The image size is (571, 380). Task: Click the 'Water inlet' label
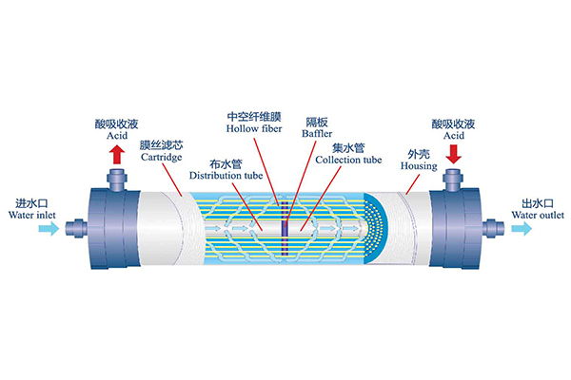click(x=32, y=215)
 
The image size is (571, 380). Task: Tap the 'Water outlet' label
click(x=538, y=215)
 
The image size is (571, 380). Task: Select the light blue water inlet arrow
click(x=49, y=228)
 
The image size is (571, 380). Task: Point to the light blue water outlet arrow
click(x=522, y=228)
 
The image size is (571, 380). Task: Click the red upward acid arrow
click(x=117, y=154)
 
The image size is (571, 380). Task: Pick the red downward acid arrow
click(x=453, y=154)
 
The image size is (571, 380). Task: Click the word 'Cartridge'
click(x=162, y=158)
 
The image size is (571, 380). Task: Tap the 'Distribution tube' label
click(x=226, y=176)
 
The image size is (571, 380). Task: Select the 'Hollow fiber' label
click(x=254, y=129)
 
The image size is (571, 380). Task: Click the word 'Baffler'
click(x=317, y=133)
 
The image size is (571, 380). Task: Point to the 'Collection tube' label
click(x=348, y=160)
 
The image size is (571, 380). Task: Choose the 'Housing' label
click(x=419, y=166)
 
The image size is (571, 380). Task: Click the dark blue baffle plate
click(x=285, y=229)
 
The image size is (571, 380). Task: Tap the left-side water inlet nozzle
click(x=76, y=228)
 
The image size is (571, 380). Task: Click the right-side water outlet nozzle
click(x=493, y=228)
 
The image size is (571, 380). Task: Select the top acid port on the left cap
click(x=116, y=180)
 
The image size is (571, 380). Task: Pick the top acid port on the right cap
click(x=453, y=180)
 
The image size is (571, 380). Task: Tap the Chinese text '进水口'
click(x=31, y=203)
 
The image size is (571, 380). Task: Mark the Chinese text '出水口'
click(x=538, y=203)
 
